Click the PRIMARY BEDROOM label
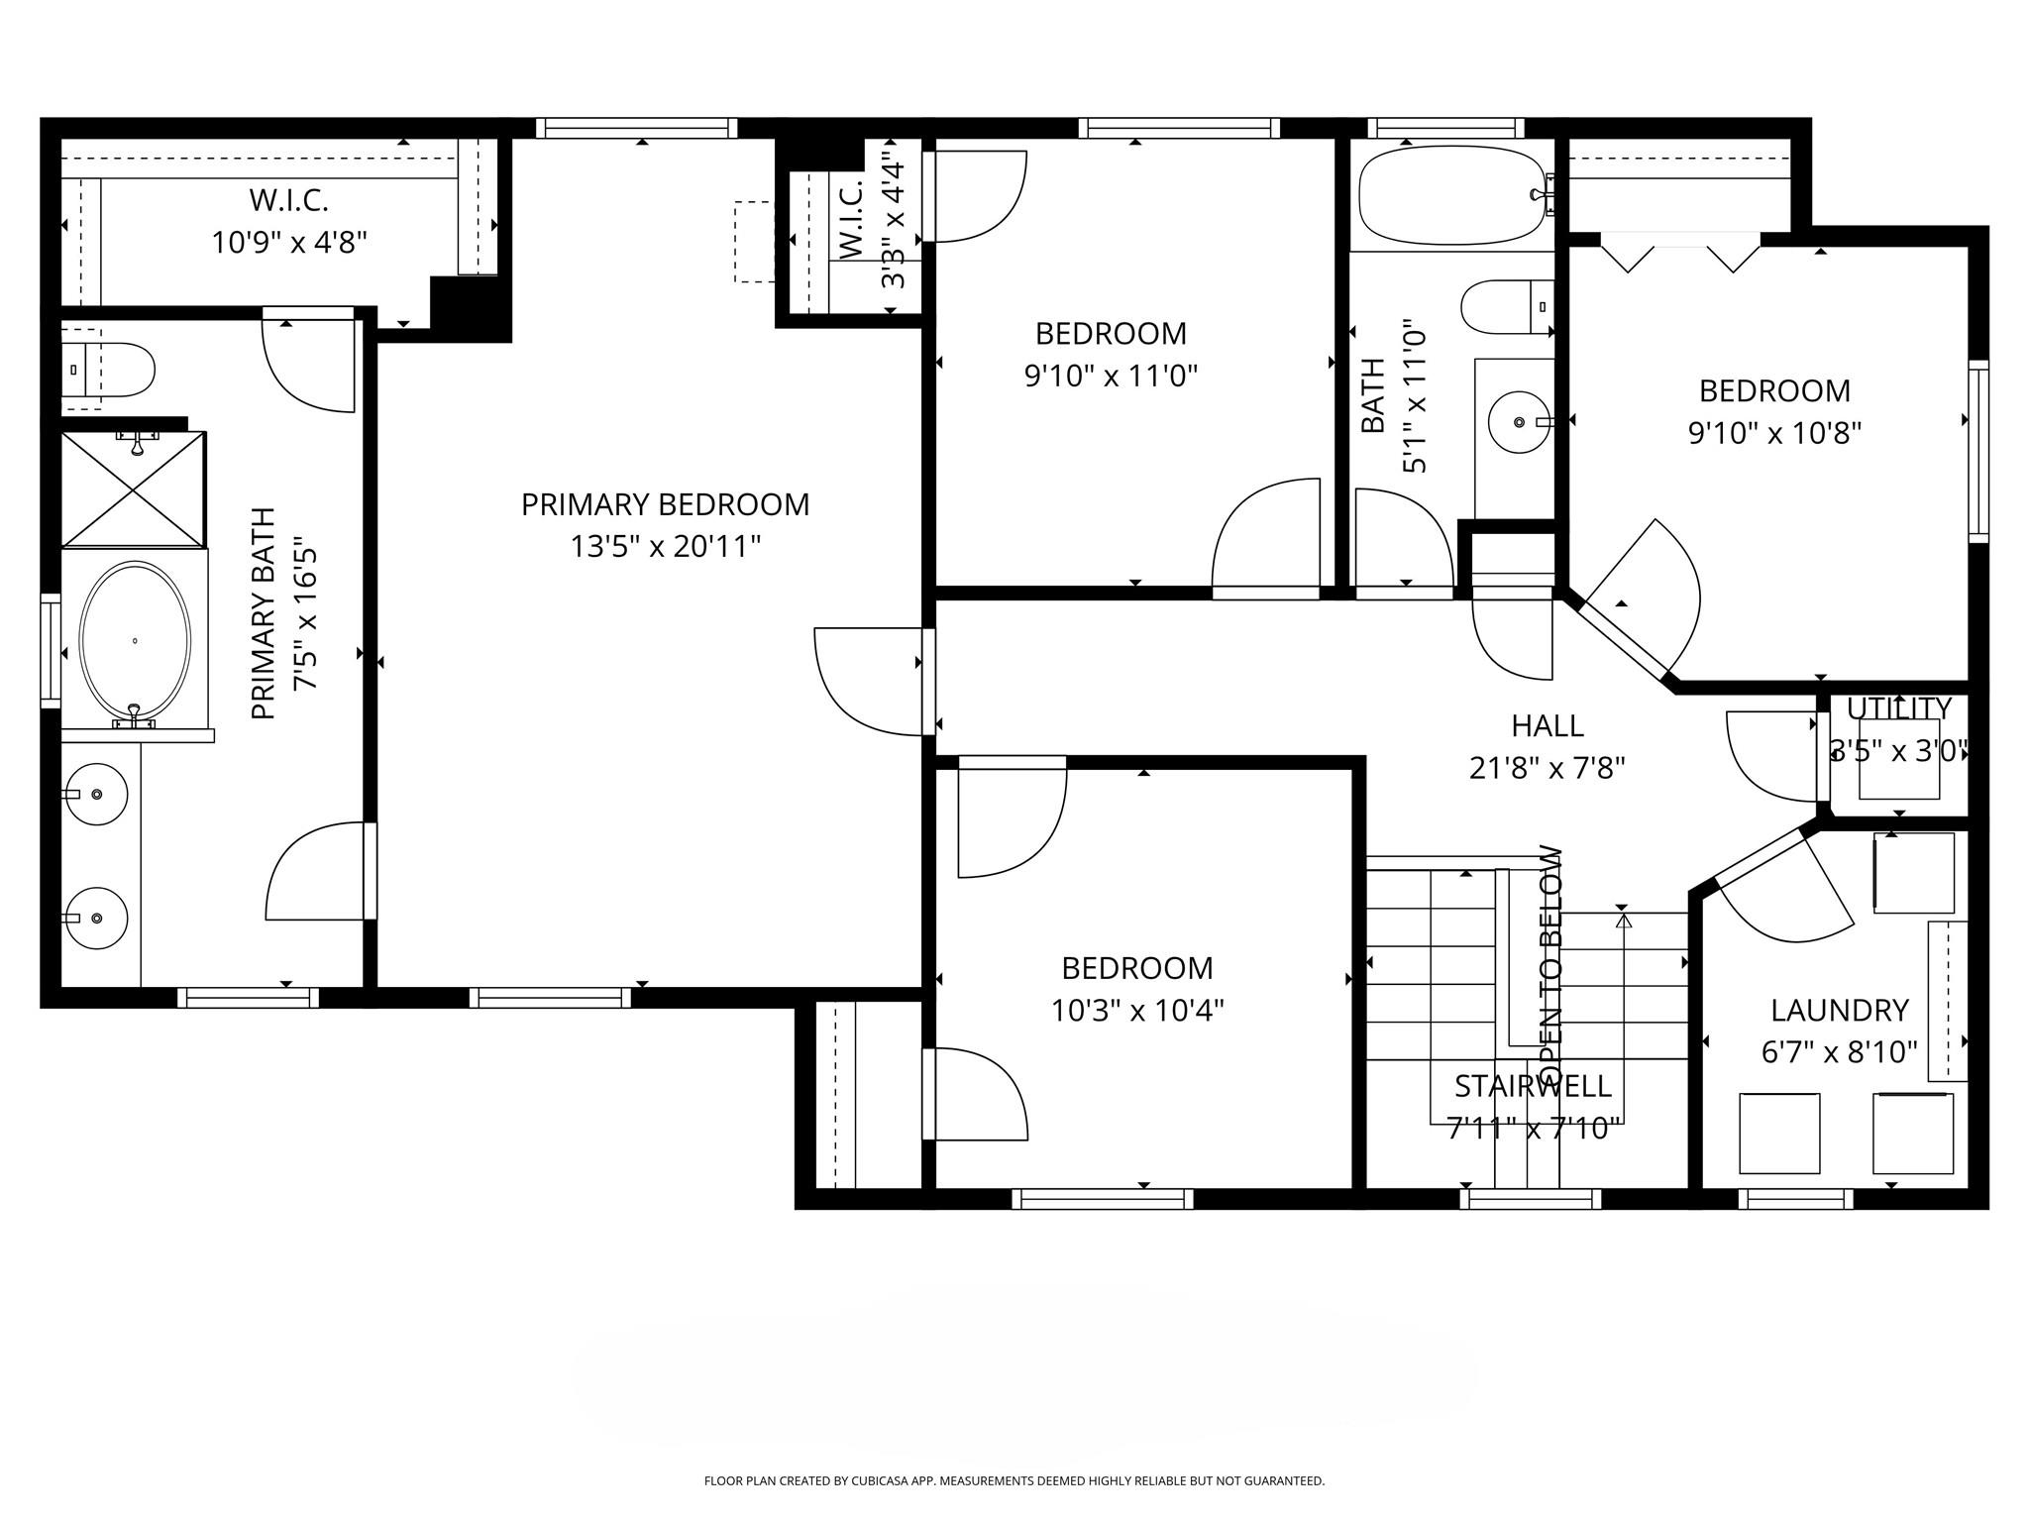click(x=665, y=504)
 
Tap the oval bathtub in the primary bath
click(x=134, y=640)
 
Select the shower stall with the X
click(x=134, y=489)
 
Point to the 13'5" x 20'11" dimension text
click(x=665, y=546)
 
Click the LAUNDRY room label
click(x=1839, y=1010)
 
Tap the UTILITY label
click(x=1898, y=708)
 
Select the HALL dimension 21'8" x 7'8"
click(x=1547, y=768)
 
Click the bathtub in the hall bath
click(x=1450, y=195)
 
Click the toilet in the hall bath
click(x=1506, y=306)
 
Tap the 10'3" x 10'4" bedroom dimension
click(x=1136, y=1011)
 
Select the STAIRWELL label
click(x=1533, y=1086)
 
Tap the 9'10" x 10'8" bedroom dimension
click(x=1774, y=433)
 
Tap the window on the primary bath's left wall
click(x=50, y=650)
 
